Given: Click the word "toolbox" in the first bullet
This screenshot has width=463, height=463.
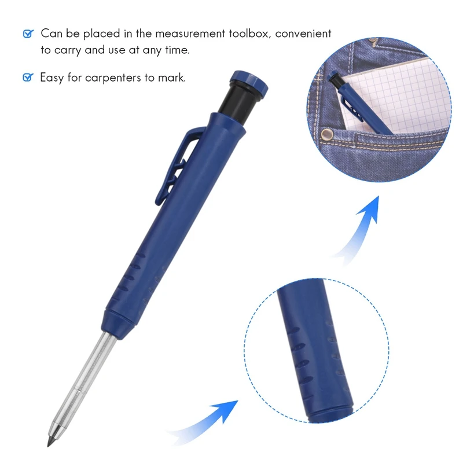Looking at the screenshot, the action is click(x=249, y=34).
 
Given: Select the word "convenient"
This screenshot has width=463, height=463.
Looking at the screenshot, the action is click(x=303, y=34).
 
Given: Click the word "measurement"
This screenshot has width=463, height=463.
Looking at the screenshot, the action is click(x=190, y=34).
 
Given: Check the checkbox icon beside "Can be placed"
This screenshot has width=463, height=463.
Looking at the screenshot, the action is click(x=28, y=34).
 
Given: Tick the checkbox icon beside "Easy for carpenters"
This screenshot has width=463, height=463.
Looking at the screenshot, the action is click(x=28, y=78).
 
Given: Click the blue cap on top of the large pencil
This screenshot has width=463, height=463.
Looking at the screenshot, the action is click(x=249, y=83).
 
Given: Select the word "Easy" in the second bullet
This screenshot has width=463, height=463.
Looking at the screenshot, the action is click(x=52, y=78).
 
